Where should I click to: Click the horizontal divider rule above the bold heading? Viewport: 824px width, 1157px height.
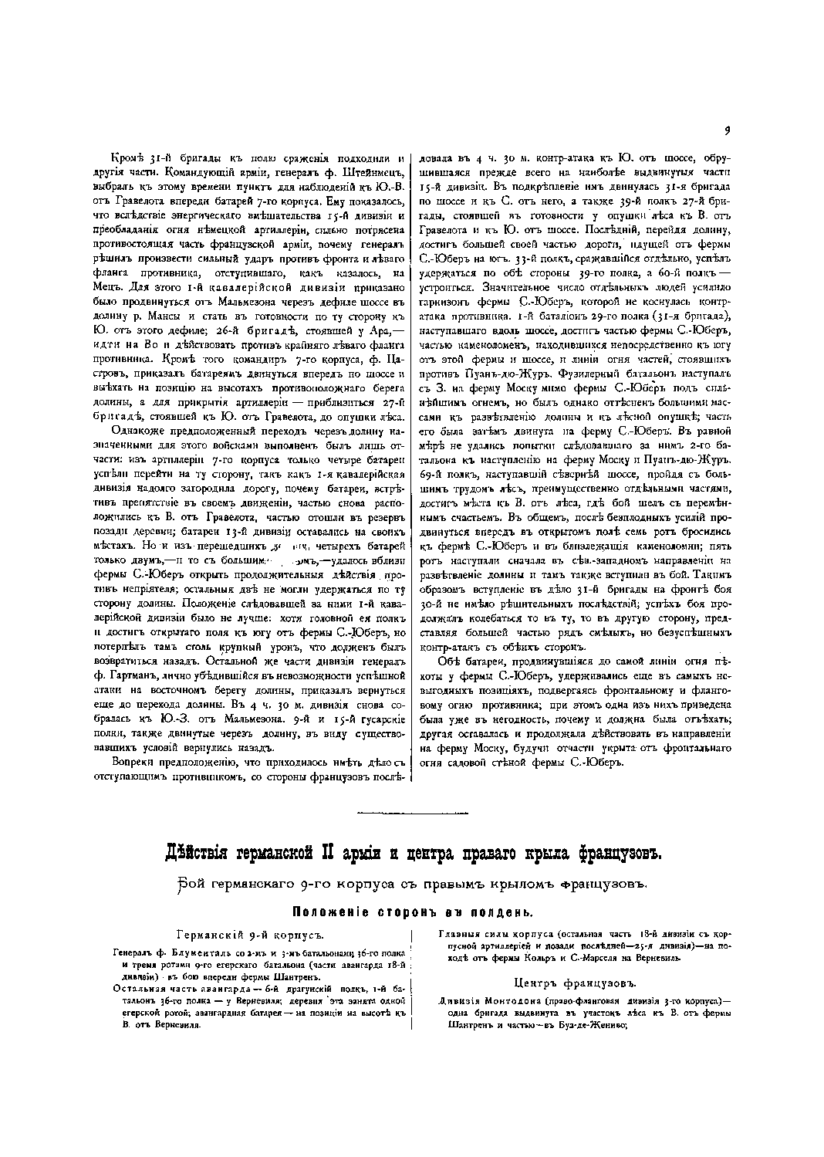411,814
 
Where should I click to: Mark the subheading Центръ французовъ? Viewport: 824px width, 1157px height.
575,983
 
